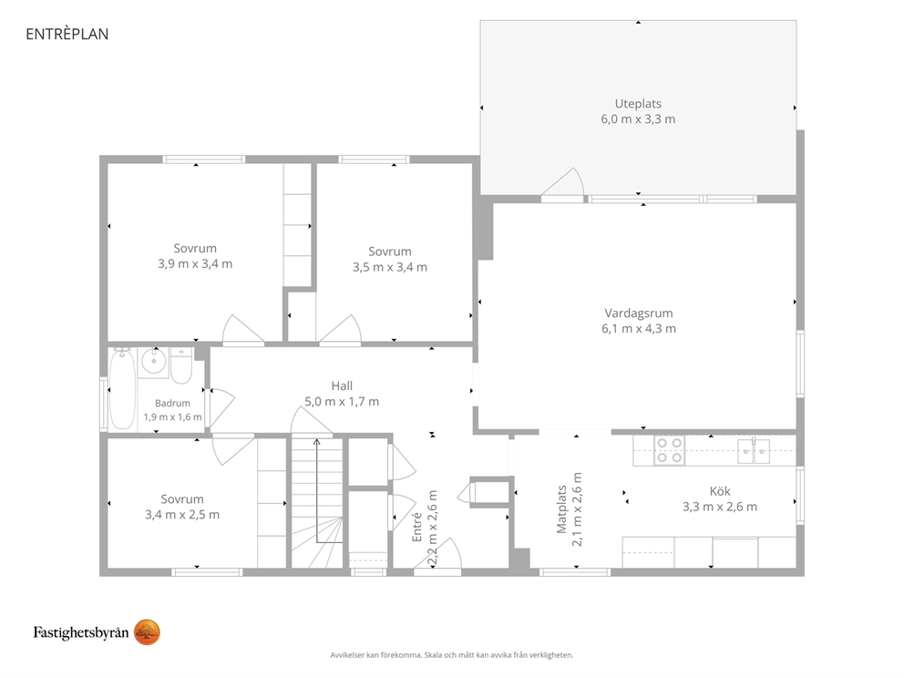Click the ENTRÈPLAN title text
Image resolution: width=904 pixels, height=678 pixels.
[x=67, y=34]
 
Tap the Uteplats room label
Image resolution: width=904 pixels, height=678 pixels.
[x=638, y=104]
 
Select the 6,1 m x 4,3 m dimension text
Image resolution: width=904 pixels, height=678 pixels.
[x=638, y=329]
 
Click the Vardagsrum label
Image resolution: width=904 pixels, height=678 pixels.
[x=638, y=313]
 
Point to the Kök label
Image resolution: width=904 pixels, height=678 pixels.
[x=720, y=491]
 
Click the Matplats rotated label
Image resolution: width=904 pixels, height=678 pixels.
[x=561, y=509]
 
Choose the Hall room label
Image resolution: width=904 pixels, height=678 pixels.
[x=342, y=385]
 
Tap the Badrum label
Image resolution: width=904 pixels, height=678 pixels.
[x=172, y=404]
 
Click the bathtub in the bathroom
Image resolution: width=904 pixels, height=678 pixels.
[x=123, y=389]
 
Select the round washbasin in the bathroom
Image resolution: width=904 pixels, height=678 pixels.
[x=154, y=362]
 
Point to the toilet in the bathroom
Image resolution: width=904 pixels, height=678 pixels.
[x=181, y=365]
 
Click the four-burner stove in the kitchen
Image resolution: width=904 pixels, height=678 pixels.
[x=670, y=450]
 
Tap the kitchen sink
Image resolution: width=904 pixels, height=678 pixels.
[x=754, y=449]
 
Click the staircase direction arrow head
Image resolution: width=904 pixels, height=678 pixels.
[x=316, y=442]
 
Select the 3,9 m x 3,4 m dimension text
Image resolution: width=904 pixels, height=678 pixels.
[x=195, y=264]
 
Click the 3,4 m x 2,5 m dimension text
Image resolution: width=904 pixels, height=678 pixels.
[x=182, y=515]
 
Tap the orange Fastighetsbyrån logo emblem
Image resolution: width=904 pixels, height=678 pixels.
[x=147, y=632]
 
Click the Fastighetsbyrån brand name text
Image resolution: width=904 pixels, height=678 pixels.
[x=81, y=633]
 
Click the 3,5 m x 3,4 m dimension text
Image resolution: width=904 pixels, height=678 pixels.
[x=390, y=267]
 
